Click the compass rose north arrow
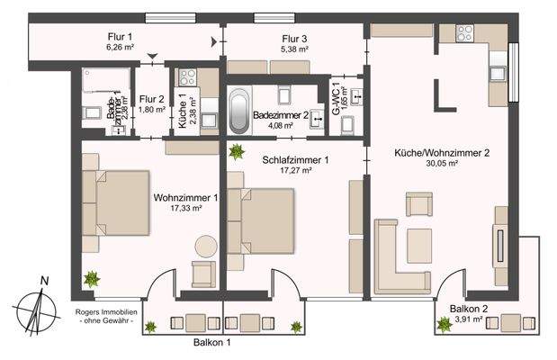pyautogui.click(x=36, y=307)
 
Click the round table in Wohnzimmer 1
pyautogui.click(x=206, y=246)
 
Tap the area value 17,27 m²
pyautogui.click(x=295, y=170)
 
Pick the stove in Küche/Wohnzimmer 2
pyautogui.click(x=465, y=34)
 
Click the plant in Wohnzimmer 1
pyautogui.click(x=92, y=279)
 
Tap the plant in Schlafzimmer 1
pyautogui.click(x=237, y=151)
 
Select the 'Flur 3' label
pyautogui.click(x=295, y=38)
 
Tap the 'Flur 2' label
pyautogui.click(x=152, y=99)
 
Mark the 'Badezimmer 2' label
pyautogui.click(x=282, y=115)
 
